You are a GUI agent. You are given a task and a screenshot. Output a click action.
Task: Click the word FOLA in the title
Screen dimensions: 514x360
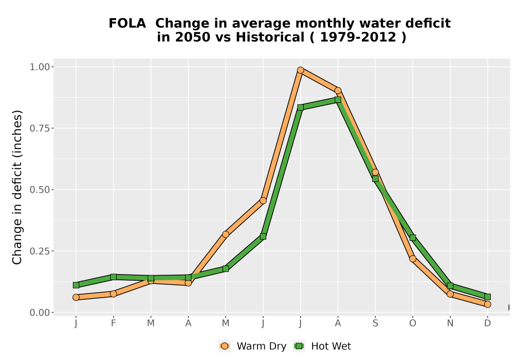127,24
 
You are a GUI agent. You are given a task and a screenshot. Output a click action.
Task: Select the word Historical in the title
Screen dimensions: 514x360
270,37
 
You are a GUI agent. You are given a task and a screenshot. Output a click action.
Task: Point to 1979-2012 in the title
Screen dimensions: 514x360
358,37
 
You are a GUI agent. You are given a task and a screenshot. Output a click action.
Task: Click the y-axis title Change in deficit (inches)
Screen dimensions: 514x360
17,187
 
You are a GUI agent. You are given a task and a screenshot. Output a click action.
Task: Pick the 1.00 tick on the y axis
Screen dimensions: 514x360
40,67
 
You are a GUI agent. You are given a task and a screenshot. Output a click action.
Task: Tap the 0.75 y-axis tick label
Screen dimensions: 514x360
40,128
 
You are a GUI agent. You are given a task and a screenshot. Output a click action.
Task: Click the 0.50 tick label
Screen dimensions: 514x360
40,190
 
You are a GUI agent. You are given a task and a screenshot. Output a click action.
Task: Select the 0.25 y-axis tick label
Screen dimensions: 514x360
40,251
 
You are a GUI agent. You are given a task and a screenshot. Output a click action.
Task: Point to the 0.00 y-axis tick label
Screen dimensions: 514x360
40,313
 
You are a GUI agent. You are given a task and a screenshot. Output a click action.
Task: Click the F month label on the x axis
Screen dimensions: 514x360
114,323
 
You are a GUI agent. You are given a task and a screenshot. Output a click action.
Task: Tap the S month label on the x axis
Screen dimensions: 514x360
375,323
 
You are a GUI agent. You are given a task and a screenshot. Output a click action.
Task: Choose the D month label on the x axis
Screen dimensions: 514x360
487,323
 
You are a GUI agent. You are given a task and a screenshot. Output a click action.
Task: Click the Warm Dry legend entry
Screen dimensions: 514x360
252,346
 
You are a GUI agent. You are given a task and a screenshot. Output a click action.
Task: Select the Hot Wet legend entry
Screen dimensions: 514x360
322,346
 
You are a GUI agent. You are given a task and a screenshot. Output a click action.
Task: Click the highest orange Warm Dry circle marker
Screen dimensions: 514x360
301,70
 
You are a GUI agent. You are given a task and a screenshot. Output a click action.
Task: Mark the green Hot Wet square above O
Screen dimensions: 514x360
413,238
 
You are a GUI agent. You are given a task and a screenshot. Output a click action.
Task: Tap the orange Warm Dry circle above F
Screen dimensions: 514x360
114,294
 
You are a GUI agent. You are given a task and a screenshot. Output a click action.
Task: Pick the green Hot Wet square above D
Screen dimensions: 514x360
487,297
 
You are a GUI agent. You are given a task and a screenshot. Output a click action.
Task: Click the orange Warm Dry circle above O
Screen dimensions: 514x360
413,259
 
